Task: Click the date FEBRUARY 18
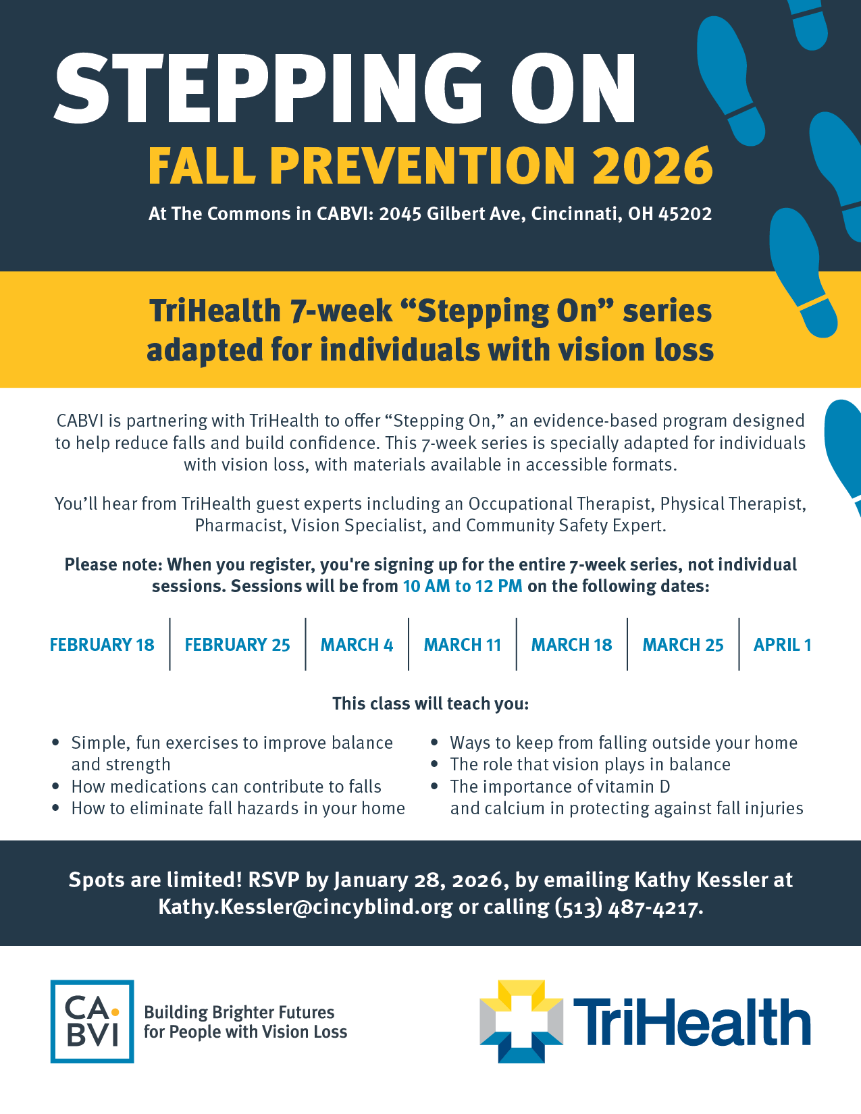(102, 644)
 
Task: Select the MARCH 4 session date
(357, 644)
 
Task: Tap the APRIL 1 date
(782, 644)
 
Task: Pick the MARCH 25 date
(683, 644)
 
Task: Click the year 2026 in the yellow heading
(652, 165)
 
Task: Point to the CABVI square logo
(93, 1022)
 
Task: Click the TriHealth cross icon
(521, 1022)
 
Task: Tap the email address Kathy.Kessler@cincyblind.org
(306, 907)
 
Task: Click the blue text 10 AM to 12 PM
(463, 586)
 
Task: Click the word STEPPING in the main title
(268, 88)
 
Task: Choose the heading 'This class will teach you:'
(430, 704)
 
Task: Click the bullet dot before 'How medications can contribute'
(55, 787)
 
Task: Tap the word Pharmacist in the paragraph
(240, 525)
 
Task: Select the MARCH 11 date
(463, 644)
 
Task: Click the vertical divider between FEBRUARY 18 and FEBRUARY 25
(169, 644)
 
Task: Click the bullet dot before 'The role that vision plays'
(434, 764)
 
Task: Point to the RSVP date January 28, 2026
(419, 880)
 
